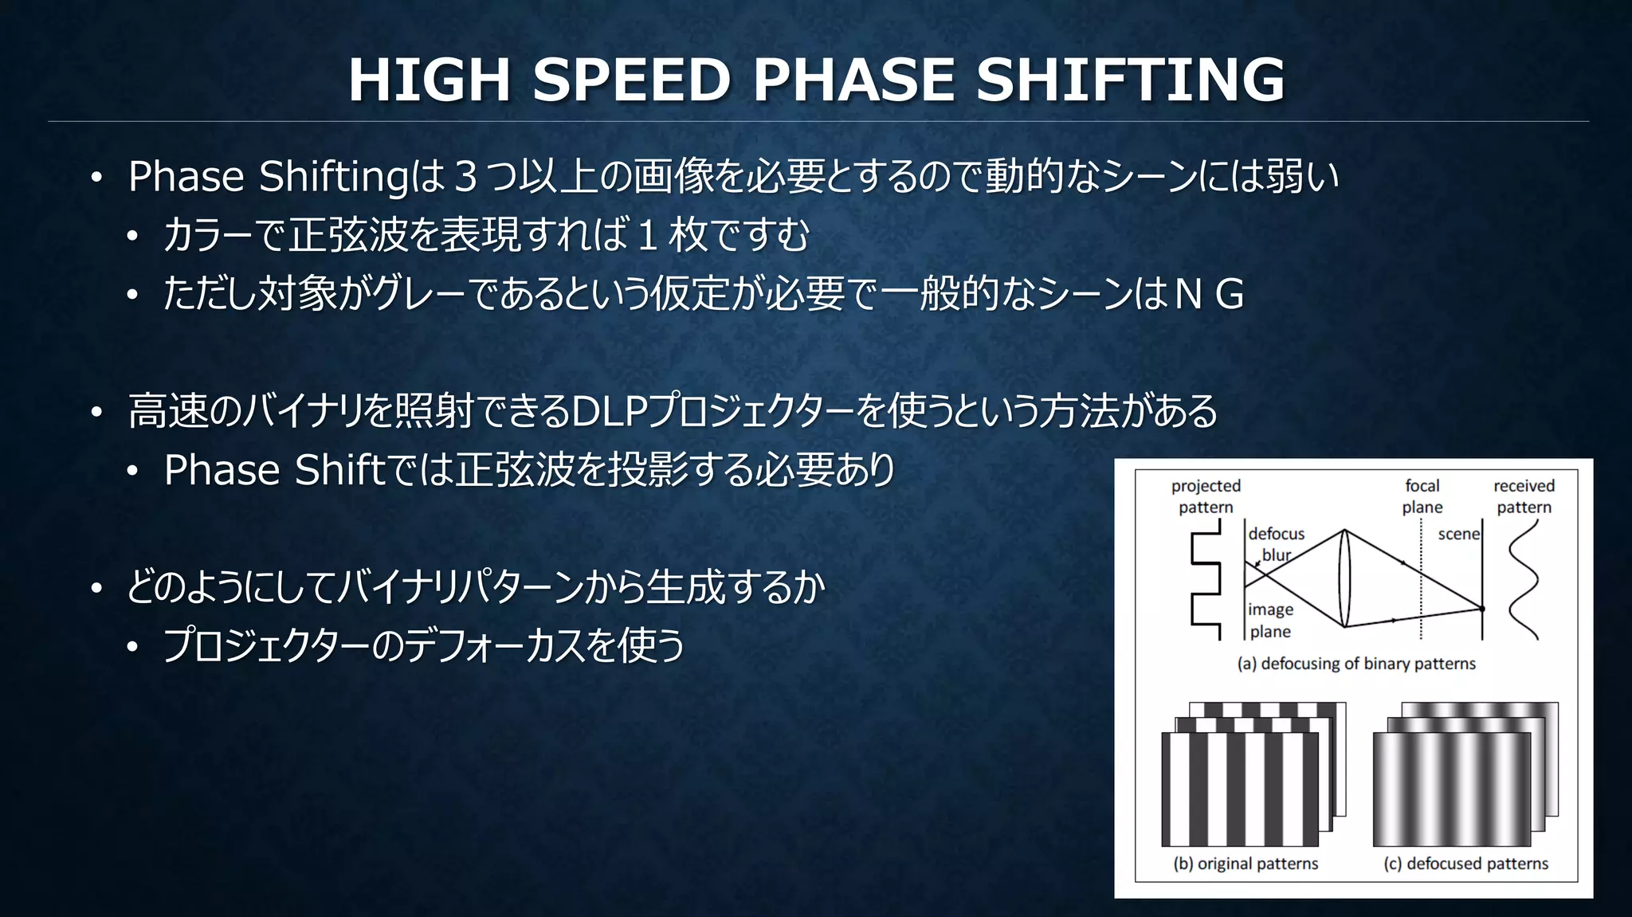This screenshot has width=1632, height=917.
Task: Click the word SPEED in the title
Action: [x=630, y=80]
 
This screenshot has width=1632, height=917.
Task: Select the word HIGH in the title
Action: [x=429, y=80]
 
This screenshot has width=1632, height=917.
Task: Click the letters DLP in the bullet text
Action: [x=610, y=412]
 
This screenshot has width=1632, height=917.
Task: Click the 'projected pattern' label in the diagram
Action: [x=1206, y=496]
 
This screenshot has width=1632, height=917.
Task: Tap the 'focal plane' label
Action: [x=1422, y=496]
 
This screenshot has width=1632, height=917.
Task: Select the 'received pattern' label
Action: [x=1524, y=496]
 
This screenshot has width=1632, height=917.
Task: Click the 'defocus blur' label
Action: [x=1276, y=544]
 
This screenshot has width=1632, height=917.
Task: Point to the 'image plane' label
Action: [x=1270, y=621]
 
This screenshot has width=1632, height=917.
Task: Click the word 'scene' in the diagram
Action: [x=1458, y=535]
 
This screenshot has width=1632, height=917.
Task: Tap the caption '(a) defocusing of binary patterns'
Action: [x=1356, y=664]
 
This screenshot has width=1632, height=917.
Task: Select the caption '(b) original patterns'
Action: [x=1246, y=864]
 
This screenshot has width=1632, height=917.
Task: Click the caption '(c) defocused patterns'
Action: [x=1465, y=864]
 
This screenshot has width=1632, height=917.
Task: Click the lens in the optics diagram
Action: [x=1344, y=578]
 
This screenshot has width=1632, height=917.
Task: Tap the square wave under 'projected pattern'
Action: [x=1206, y=586]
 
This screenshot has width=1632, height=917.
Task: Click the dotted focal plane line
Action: [x=1421, y=590]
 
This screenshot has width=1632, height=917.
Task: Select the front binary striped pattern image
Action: [x=1239, y=790]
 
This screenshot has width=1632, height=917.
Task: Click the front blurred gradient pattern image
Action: [x=1451, y=790]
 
